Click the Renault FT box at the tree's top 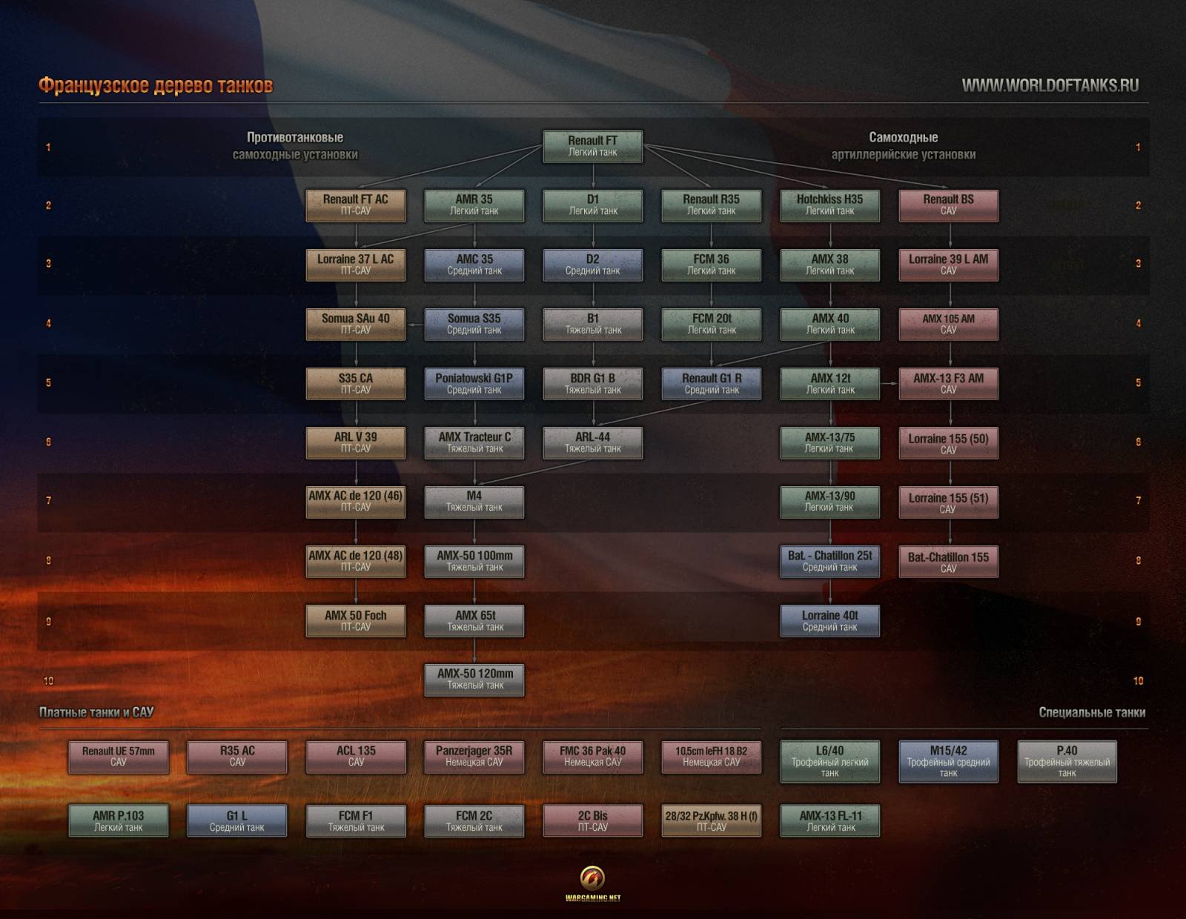tap(593, 146)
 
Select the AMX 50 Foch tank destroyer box tap(356, 620)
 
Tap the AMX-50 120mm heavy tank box tap(474, 680)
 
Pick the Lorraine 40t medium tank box tap(829, 620)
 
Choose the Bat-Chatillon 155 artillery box tap(949, 562)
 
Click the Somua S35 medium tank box tap(474, 324)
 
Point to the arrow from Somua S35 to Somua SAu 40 tap(415, 325)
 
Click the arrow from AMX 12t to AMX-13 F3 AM tap(889, 384)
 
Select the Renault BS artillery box tap(949, 206)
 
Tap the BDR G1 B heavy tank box tap(593, 384)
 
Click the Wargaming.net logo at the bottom tap(593, 883)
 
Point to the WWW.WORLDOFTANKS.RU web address tap(1050, 86)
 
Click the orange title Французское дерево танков tap(156, 85)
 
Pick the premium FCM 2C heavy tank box tap(474, 820)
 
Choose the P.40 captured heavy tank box tap(1067, 761)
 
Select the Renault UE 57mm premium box tap(119, 757)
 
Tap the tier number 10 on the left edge tap(49, 680)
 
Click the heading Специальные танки tap(1092, 712)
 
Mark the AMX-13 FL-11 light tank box tap(829, 820)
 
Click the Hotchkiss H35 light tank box tap(829, 206)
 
